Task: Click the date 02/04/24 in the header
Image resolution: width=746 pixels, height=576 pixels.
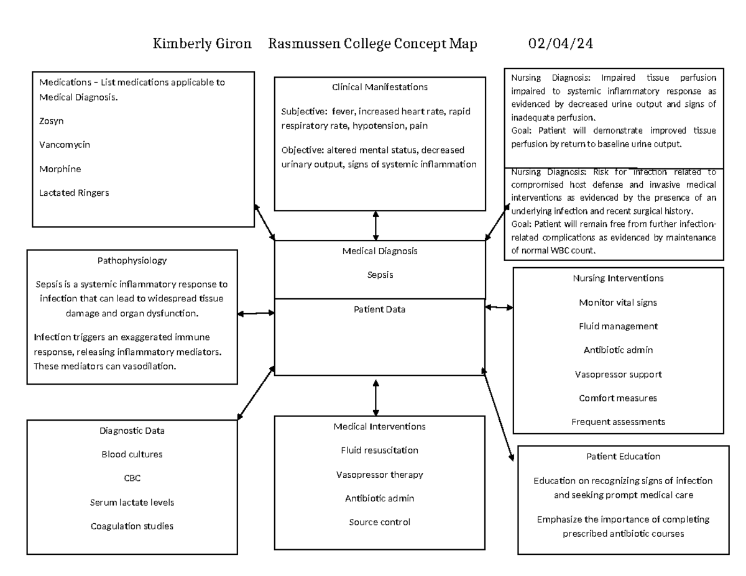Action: coord(560,44)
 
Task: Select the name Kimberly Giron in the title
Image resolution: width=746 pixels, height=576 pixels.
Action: coord(203,44)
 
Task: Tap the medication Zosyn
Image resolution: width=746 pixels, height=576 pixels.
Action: coord(52,121)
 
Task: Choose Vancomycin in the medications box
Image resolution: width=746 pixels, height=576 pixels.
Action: coord(65,145)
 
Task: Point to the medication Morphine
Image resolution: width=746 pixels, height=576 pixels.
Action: coord(60,169)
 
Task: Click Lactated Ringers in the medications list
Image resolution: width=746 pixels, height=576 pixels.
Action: coord(74,193)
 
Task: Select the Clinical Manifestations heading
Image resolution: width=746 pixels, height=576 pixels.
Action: coord(380,87)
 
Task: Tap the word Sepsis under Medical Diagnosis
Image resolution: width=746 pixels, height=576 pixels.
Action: coord(380,275)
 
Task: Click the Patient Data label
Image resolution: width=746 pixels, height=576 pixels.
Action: coord(380,309)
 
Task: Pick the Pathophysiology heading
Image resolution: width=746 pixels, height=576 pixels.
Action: coord(132,260)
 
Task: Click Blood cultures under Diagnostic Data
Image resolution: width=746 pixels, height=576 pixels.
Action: coord(132,454)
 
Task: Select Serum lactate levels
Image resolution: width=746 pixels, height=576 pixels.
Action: coord(132,502)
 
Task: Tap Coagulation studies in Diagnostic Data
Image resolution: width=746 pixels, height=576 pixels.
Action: coord(132,526)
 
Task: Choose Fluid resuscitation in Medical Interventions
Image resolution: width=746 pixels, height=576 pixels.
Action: coord(379,450)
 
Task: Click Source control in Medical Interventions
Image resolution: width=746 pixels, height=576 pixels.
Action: coord(379,522)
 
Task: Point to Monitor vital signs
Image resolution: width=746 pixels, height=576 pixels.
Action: coord(618,303)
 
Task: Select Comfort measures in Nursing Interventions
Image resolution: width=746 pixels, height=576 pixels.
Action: coord(618,398)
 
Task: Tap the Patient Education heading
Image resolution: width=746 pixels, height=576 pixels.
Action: coord(623,456)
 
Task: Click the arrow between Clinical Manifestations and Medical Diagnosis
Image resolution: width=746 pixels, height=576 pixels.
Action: coord(375,226)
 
